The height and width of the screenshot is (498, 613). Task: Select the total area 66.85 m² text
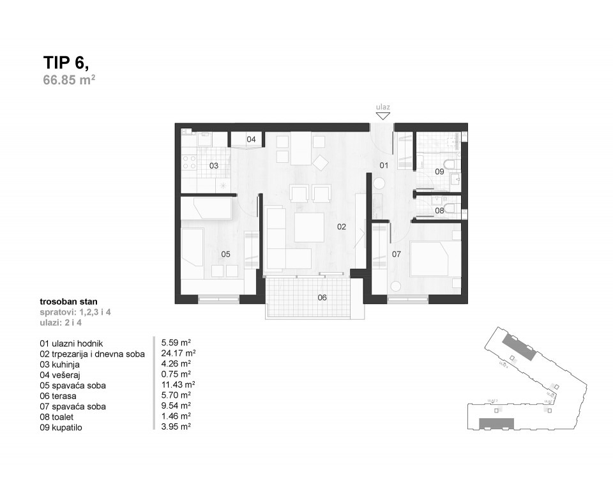[69, 80]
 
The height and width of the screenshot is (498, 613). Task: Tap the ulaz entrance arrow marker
[383, 116]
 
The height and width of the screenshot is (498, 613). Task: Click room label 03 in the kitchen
[214, 165]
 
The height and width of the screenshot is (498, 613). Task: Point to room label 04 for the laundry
[251, 139]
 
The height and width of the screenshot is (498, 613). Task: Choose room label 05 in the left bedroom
[225, 254]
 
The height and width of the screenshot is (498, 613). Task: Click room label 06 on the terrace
[322, 297]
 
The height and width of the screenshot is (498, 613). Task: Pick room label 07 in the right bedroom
[397, 254]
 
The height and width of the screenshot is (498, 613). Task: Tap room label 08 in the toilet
[439, 210]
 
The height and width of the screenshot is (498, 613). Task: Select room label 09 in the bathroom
[439, 172]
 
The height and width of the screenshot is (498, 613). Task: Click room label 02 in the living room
[342, 227]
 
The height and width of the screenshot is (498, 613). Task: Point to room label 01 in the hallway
[384, 165]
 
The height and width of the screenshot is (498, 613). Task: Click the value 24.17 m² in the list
[178, 353]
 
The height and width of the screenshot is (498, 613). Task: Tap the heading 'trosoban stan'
[68, 301]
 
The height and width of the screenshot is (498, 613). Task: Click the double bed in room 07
[435, 257]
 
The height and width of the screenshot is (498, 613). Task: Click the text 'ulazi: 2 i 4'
[61, 322]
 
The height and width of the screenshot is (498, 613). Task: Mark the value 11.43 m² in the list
[178, 385]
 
